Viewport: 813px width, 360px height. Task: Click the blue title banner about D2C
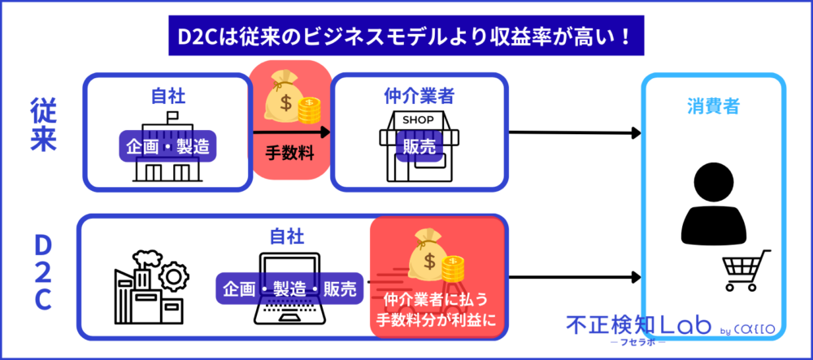coord(406,37)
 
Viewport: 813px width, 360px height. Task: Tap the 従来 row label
coord(42,126)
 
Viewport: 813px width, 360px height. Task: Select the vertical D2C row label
coord(42,273)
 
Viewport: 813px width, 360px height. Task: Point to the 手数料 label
coord(290,151)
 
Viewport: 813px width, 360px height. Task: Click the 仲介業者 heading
coord(419,96)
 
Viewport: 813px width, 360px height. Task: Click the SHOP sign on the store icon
coord(419,119)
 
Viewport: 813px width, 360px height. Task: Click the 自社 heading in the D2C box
coord(287,236)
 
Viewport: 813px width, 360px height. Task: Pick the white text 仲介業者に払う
coord(437,297)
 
